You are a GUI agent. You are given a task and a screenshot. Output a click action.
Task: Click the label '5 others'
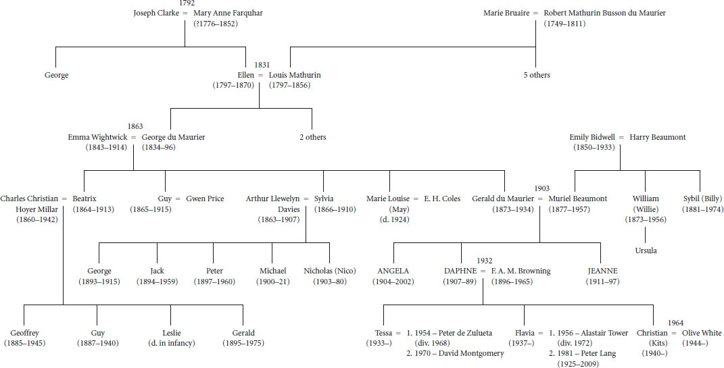click(x=537, y=75)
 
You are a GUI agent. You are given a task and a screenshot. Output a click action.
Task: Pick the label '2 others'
click(x=312, y=137)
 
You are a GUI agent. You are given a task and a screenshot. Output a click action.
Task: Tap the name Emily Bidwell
click(x=593, y=137)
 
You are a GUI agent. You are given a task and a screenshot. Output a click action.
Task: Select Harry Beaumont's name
click(x=658, y=137)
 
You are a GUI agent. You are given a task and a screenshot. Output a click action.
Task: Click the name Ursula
click(x=646, y=251)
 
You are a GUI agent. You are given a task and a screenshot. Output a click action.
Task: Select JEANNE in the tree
click(x=602, y=271)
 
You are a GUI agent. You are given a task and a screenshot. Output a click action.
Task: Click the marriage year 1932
click(x=484, y=261)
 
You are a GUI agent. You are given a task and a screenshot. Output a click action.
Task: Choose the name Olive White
click(x=701, y=333)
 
